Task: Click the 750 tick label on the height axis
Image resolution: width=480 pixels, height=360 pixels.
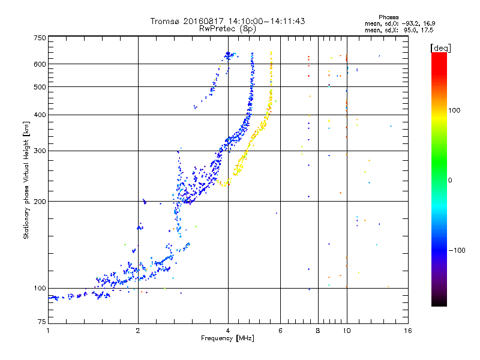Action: tap(40, 38)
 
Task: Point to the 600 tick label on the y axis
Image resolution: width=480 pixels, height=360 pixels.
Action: tap(40, 64)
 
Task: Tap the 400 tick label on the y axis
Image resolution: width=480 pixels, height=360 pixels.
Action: tap(40, 115)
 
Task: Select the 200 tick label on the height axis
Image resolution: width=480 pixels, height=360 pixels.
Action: tap(40, 201)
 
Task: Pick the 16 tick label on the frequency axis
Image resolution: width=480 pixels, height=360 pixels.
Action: tap(407, 331)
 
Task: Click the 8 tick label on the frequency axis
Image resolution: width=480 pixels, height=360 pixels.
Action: tap(318, 331)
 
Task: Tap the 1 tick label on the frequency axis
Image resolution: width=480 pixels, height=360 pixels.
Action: tap(48, 331)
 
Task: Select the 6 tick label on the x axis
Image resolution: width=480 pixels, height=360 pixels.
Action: tap(281, 331)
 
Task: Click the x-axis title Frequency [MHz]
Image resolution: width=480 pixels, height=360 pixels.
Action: tap(227, 339)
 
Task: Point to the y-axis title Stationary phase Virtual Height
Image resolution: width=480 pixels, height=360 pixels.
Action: tap(26, 180)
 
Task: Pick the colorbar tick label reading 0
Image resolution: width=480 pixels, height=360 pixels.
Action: tap(450, 180)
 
